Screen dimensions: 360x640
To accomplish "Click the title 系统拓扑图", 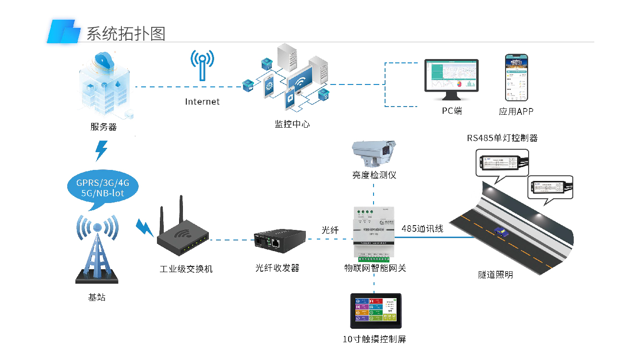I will [126, 33].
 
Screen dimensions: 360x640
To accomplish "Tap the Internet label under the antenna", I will [202, 102].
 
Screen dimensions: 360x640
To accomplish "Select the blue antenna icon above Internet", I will [202, 65].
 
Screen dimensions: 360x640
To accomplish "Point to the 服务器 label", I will [104, 127].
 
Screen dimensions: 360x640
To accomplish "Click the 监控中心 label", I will [292, 124].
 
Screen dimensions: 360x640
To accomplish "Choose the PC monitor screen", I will [451, 77].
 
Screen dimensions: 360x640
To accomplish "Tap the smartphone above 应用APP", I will [516, 77].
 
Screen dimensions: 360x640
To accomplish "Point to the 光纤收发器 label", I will [277, 268].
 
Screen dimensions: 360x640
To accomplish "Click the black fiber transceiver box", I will [279, 240].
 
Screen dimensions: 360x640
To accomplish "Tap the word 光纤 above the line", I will [330, 230].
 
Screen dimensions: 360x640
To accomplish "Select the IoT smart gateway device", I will [374, 232].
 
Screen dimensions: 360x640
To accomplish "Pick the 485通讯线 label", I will [423, 229].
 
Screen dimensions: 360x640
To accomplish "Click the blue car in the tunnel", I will [501, 232].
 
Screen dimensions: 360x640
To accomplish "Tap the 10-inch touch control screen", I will [375, 311].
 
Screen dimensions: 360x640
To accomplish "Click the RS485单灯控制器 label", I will [502, 138].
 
